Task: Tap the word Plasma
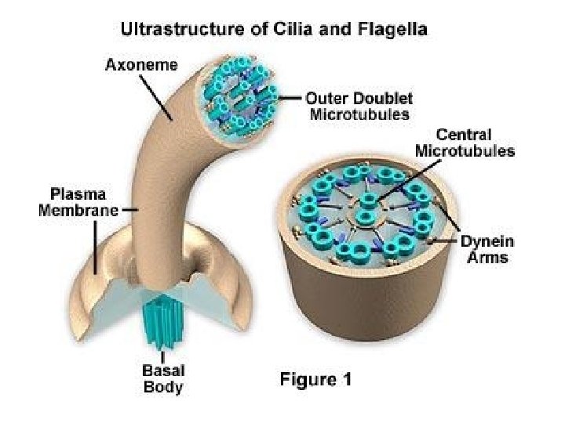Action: [79, 193]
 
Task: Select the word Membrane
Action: [79, 210]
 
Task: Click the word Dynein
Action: [487, 242]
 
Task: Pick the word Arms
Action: [487, 258]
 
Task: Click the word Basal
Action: [163, 371]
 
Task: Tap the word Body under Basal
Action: [163, 387]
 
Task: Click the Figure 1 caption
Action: [316, 380]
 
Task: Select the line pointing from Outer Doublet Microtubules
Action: [290, 99]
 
